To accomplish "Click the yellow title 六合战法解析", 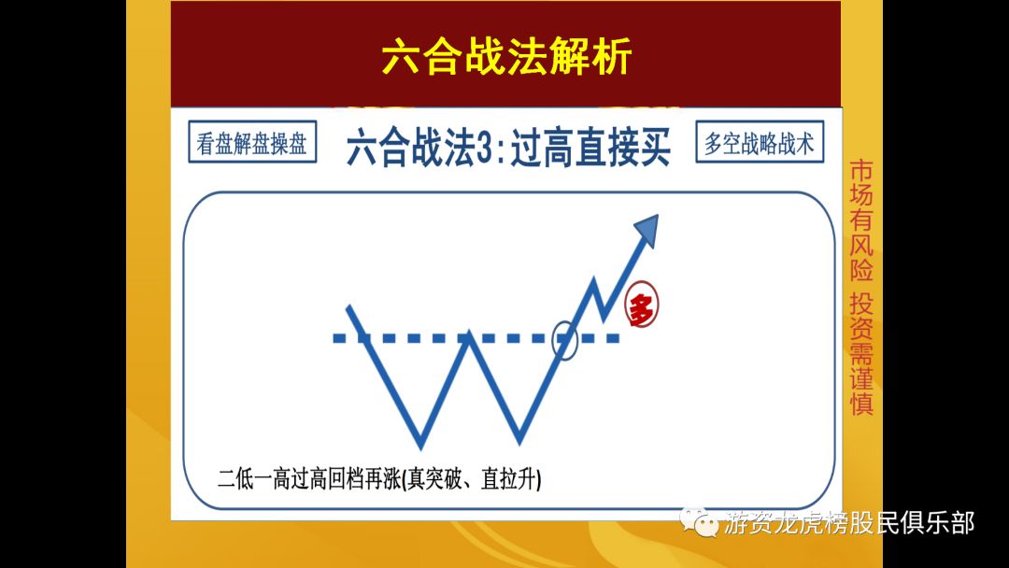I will [506, 57].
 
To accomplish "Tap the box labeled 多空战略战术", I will [760, 143].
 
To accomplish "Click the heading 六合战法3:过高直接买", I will [508, 148].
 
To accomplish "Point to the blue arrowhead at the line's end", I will [647, 227].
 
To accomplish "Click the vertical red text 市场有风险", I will [860, 220].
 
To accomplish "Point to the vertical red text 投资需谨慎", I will [860, 354].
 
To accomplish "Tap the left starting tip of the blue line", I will [348, 307].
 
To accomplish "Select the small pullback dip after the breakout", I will [604, 315].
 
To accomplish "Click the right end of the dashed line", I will [615, 338].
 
